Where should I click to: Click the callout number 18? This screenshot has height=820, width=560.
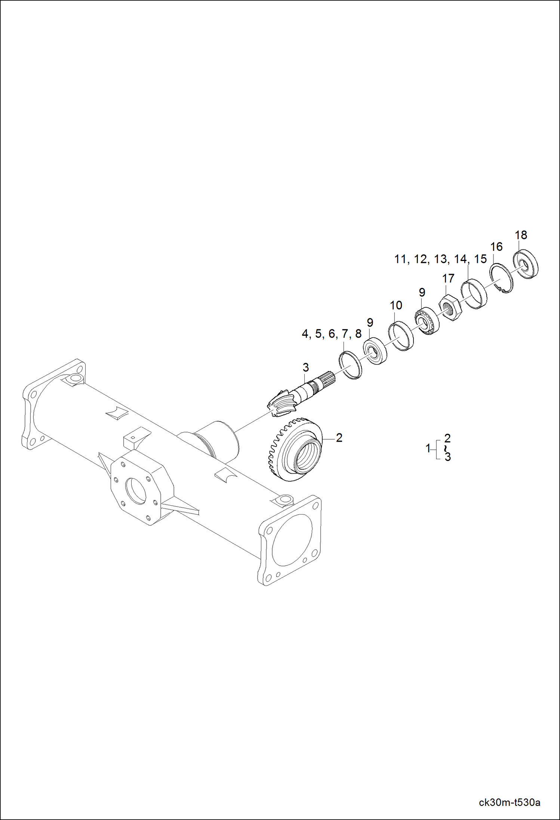[521, 235]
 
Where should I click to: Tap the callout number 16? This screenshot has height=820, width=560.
[496, 247]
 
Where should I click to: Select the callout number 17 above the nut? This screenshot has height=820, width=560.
[448, 279]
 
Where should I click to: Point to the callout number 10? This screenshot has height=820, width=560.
[396, 305]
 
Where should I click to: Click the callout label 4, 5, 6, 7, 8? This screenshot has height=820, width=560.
[332, 334]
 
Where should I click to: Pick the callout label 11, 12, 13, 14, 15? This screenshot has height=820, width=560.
[440, 259]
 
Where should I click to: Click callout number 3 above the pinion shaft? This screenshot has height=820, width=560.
[306, 368]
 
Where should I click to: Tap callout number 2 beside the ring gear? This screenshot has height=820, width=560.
[339, 437]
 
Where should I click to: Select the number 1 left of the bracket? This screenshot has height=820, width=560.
[428, 448]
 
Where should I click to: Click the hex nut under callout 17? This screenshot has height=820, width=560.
[451, 307]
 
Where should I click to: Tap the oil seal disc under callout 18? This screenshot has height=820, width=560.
[526, 264]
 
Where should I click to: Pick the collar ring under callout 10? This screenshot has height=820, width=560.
[401, 336]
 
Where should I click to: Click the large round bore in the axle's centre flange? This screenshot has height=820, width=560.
[136, 490]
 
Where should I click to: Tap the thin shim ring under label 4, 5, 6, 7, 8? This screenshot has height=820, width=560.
[350, 365]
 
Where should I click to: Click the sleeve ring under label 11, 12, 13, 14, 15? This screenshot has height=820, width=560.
[474, 294]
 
